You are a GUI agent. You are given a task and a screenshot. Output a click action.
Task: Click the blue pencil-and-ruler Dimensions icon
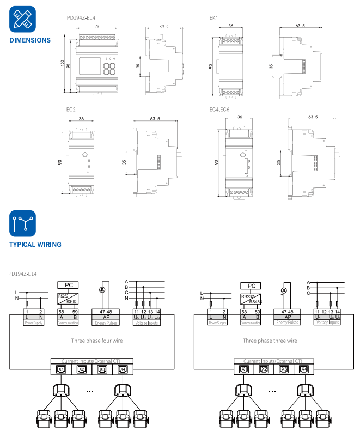coord(22,19)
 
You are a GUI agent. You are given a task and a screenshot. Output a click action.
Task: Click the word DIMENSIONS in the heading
coord(30,40)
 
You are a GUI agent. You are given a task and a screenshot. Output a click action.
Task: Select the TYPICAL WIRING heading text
coord(35,245)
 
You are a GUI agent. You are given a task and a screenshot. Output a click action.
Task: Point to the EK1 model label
coord(213,18)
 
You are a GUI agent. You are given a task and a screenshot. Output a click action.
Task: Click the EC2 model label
coord(71,110)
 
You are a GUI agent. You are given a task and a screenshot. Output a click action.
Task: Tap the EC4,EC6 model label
coord(219,110)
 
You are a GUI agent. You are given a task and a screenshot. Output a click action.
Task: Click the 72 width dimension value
coord(97,26)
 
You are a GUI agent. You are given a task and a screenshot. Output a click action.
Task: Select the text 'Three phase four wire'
coord(97,341)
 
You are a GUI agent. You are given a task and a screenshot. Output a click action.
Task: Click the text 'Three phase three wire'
coord(270,341)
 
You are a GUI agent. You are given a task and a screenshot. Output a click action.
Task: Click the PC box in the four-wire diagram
coord(68,285)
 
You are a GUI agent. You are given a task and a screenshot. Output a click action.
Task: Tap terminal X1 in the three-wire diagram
coord(245,369)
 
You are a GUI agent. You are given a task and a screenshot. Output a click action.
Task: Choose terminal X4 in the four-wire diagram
coord(122,369)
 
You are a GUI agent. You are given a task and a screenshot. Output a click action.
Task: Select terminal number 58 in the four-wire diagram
coord(61,311)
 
